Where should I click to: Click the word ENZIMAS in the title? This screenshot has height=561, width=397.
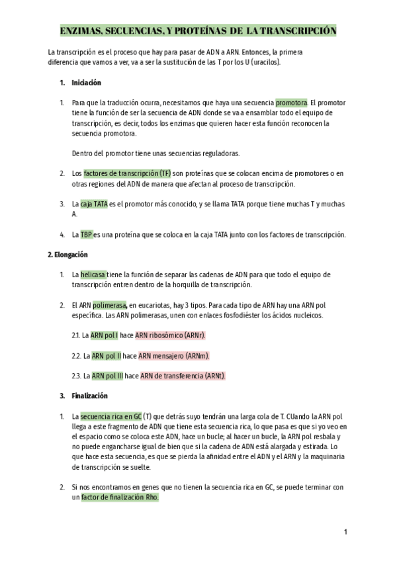click(x=81, y=31)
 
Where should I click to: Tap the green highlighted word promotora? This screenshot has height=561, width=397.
click(x=291, y=103)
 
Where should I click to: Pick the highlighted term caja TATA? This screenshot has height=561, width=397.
click(x=94, y=204)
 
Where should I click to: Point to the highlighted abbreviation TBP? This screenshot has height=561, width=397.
click(x=87, y=234)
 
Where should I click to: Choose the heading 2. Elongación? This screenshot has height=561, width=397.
click(x=68, y=255)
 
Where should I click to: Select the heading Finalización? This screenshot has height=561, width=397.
click(x=90, y=396)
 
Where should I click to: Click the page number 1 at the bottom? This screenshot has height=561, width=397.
click(x=345, y=532)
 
